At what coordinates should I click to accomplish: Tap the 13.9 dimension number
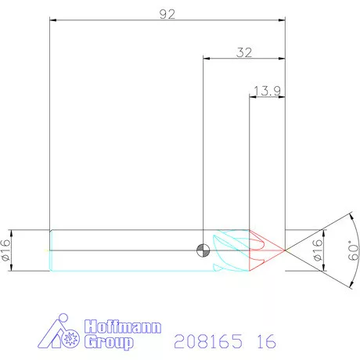[267, 91]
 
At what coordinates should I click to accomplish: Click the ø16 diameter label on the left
[7, 250]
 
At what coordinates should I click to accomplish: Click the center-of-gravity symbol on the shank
[203, 250]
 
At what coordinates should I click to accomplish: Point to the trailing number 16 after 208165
[264, 341]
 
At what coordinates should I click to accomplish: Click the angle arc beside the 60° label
[340, 250]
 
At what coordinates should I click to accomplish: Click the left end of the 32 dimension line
[203, 58]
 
